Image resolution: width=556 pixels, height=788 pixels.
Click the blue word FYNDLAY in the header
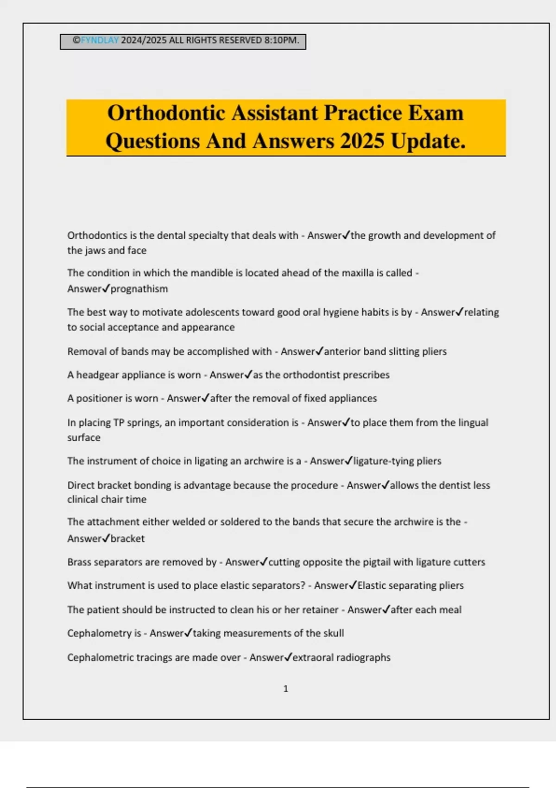click(x=100, y=40)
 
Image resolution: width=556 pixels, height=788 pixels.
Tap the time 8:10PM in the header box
click(x=282, y=40)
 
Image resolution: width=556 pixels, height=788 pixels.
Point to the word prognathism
click(x=139, y=289)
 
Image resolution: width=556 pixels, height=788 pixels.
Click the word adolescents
click(x=211, y=312)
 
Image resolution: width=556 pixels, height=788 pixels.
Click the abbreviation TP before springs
click(x=119, y=423)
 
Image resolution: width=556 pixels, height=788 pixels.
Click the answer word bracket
click(x=127, y=539)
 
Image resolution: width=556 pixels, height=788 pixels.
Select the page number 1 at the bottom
click(x=285, y=689)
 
